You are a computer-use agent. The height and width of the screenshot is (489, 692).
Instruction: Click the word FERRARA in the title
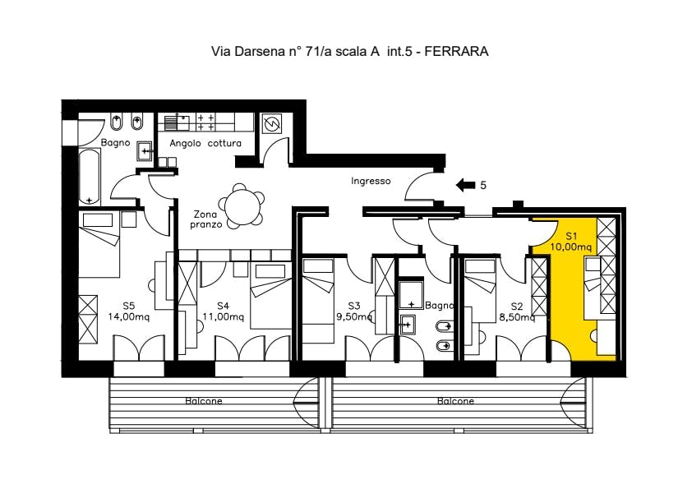coord(457,51)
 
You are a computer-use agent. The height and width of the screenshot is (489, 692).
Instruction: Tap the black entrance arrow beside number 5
coord(465,185)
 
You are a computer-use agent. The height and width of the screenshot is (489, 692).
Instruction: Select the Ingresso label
coord(371,181)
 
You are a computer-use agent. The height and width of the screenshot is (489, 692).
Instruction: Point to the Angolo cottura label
coord(205,143)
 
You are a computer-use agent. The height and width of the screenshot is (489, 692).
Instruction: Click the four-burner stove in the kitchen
coord(205,122)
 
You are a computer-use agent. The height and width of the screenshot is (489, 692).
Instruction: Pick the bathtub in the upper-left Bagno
coord(90,177)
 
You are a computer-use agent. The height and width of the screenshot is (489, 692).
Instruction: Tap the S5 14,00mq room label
coord(129,311)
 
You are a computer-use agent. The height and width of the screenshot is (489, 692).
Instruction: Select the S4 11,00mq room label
coord(224,311)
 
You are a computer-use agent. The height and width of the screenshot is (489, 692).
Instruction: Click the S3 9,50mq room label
coord(354,311)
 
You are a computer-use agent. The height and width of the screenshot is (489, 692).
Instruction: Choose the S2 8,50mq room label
coord(517,311)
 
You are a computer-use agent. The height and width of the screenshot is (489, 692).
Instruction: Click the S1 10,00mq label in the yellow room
coord(570,242)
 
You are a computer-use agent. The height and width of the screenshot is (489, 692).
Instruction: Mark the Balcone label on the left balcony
coord(204,401)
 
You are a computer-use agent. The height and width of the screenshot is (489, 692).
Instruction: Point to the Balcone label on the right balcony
coord(455,401)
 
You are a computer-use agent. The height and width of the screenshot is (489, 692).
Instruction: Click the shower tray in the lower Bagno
coord(411,293)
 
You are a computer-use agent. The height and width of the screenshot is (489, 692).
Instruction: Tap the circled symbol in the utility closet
coord(272,123)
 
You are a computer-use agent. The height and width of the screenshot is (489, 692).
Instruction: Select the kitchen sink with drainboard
coord(177,122)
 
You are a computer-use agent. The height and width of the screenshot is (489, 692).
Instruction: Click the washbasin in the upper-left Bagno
coord(145,150)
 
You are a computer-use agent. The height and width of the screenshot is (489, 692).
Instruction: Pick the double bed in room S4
coord(270,296)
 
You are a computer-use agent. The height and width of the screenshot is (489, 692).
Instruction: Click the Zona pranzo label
coord(205,219)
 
